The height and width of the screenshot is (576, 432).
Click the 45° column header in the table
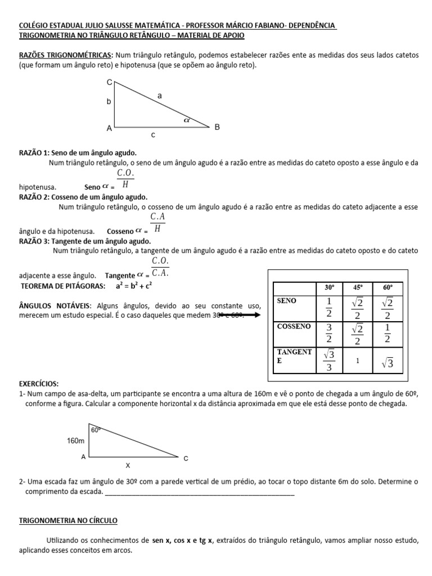coord(358,287)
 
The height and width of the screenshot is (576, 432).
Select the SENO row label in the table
coord(287,301)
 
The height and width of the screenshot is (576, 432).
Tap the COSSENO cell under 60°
coord(387,334)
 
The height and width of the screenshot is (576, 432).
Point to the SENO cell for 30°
coord(329,308)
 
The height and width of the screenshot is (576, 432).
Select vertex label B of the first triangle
coord(217,128)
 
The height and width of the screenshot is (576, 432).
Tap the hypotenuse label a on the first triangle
coord(160,96)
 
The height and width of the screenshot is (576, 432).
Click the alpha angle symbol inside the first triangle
coord(187,120)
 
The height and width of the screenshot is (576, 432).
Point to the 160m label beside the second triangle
coord(75,440)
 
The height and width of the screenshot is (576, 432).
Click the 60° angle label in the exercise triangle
coord(96,430)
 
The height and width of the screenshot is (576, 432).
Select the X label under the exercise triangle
coord(127,466)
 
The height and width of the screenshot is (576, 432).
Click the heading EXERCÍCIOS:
coord(38,383)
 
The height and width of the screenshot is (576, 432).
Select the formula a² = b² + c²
coord(134,286)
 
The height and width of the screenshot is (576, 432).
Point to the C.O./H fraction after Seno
coord(125,178)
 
